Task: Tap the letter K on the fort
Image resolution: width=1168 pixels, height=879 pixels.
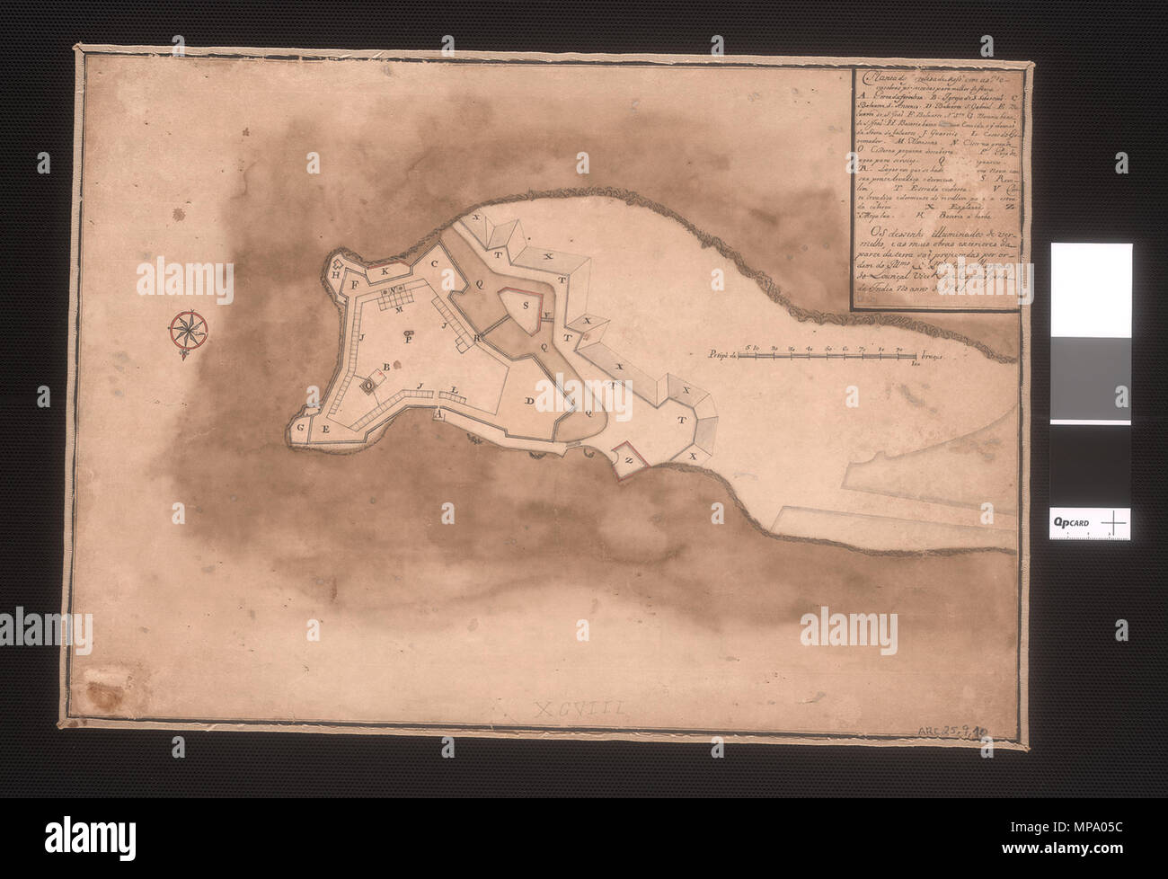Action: click(x=384, y=270)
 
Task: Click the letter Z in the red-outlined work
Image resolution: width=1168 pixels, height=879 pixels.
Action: click(x=629, y=459)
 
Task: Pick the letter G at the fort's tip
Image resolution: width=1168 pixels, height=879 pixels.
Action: click(x=301, y=428)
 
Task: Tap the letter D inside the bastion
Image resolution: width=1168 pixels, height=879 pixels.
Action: click(x=530, y=400)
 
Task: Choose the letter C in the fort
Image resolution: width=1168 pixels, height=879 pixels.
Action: click(x=433, y=264)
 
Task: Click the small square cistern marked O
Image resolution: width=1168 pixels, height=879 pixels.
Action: click(x=367, y=385)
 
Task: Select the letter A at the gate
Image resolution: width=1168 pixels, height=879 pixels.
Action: click(x=438, y=415)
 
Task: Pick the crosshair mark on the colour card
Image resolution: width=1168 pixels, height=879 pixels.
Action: click(x=1114, y=522)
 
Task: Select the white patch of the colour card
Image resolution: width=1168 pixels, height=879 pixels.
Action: click(x=1091, y=288)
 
